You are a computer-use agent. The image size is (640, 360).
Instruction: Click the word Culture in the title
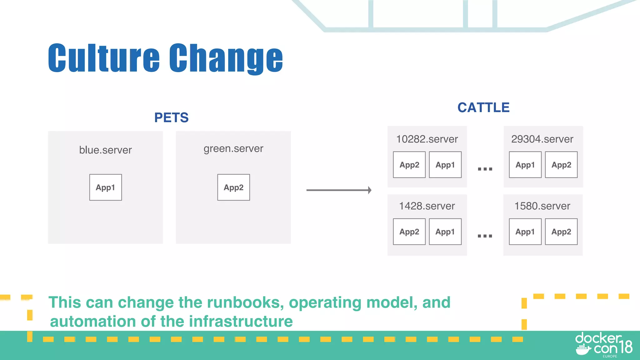[x=104, y=58]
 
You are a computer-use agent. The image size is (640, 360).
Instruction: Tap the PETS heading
[x=171, y=117]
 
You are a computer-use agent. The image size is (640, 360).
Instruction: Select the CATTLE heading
[x=483, y=107]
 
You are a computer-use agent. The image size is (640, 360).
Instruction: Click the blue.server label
[x=105, y=150]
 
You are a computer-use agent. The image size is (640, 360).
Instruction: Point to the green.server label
[x=233, y=149]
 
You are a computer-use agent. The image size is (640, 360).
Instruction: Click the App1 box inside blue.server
[x=106, y=187]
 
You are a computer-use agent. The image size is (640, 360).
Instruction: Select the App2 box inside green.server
[x=233, y=187]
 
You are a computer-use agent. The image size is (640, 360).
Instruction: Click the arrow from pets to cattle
[x=339, y=190]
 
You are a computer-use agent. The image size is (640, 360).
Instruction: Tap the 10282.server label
[x=427, y=139]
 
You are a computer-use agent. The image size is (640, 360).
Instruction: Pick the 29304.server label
[x=542, y=139]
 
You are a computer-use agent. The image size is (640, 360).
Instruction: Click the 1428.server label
[x=427, y=206]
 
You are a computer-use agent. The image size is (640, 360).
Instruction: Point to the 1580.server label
[x=542, y=206]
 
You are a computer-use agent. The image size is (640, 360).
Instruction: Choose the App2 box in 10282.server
[x=409, y=165]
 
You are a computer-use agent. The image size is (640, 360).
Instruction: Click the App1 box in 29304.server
[x=525, y=165]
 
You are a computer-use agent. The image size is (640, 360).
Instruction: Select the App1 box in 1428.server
[x=445, y=232]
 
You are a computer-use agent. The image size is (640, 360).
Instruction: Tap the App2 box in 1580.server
[x=561, y=232]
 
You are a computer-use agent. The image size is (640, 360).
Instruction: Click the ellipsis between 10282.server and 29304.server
[x=485, y=169]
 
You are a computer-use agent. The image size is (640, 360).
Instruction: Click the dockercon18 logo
[x=604, y=345]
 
